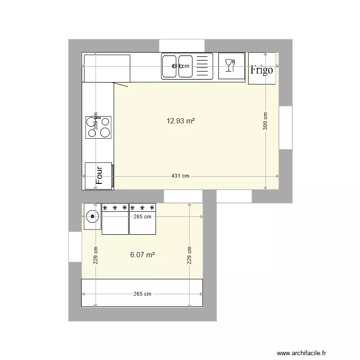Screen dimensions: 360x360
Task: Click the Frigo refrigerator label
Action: coord(262,70)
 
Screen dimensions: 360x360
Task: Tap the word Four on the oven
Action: coord(100,175)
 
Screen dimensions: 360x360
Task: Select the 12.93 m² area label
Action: coord(180,121)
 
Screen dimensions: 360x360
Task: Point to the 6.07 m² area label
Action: coord(142,255)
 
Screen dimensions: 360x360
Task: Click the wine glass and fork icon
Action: coord(231,65)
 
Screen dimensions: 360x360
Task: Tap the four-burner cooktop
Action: coord(98,127)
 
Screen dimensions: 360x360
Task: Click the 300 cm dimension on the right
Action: coord(265,121)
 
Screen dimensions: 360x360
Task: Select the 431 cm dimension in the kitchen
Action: coord(180,176)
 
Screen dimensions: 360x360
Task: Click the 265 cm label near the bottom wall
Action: coord(142,294)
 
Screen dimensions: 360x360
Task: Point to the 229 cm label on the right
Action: coord(190,255)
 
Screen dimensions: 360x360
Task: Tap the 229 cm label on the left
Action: coord(96,255)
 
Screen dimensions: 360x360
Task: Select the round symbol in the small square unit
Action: coord(92,216)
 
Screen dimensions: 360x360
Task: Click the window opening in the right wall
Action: coord(286,128)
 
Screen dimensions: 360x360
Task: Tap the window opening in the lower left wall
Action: coord(75,247)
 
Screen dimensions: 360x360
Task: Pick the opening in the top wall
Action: coord(182,46)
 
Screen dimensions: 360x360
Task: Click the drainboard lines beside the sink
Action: coord(204,66)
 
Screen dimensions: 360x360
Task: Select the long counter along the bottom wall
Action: coord(142,292)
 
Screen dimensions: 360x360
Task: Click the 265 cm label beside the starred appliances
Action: coord(142,216)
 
